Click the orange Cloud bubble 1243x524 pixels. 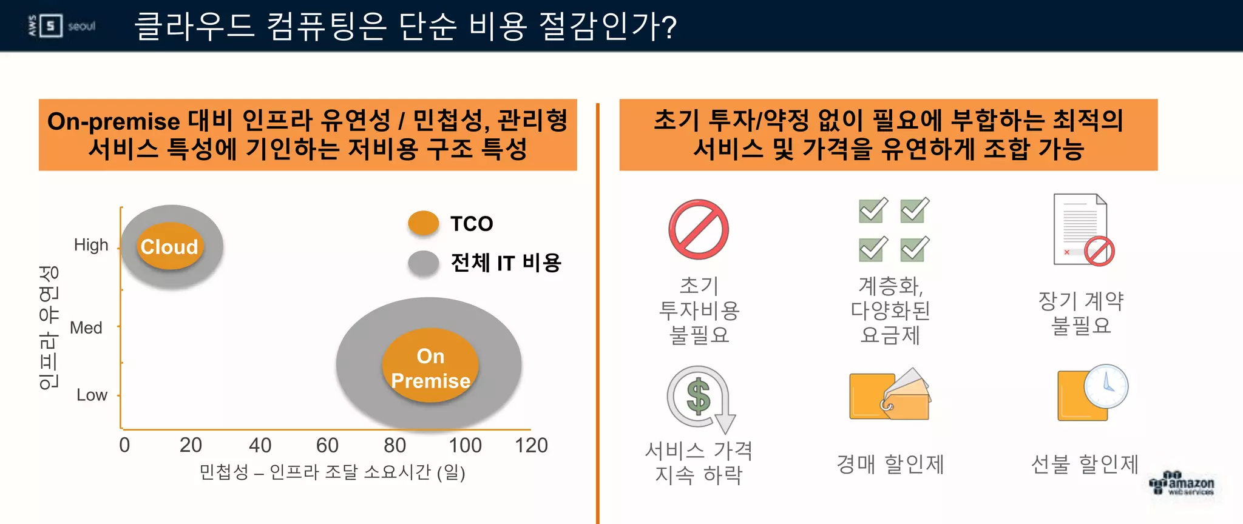tap(169, 246)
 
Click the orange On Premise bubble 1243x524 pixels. tap(430, 366)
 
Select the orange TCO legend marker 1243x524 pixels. tap(423, 223)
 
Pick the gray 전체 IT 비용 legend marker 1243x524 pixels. tap(423, 263)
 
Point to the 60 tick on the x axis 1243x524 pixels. tap(327, 445)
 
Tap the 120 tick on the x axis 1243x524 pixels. tap(531, 445)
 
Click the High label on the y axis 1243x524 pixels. tap(91, 245)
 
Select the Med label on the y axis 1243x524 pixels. tap(86, 328)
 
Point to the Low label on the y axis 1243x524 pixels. tap(92, 395)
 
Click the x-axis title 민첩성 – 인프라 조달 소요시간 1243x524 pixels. tap(332, 472)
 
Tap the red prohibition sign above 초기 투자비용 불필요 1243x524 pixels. tap(699, 230)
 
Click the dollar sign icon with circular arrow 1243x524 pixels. tap(699, 397)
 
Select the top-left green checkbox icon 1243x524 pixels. tap(873, 210)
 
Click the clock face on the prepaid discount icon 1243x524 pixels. tap(1106, 386)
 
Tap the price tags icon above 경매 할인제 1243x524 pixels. tap(890, 395)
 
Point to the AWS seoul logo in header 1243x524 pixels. tap(61, 26)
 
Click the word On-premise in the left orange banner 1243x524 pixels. tap(113, 121)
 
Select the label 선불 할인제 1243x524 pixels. tap(1084, 465)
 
